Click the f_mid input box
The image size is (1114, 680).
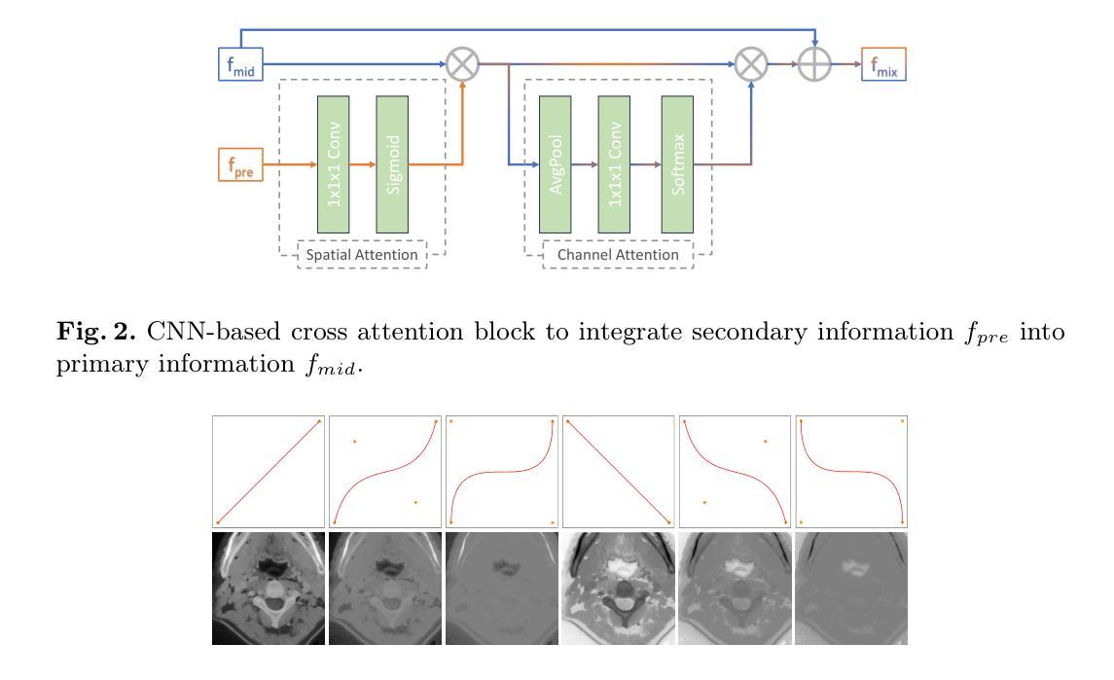pos(237,66)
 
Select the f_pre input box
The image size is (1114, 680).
pos(237,166)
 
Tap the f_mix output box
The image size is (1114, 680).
pos(883,66)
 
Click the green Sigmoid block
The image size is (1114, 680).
pos(392,163)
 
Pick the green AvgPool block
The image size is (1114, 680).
pos(556,163)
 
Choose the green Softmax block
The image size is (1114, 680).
pos(677,163)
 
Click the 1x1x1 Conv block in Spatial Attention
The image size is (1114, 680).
pos(333,163)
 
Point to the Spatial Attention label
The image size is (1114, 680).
pos(362,255)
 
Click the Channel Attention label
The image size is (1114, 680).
pos(618,255)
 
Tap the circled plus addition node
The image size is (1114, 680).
pos(815,66)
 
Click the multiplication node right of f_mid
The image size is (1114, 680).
pos(462,66)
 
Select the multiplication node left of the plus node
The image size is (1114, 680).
pos(750,66)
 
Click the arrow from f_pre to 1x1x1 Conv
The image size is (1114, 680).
pos(289,165)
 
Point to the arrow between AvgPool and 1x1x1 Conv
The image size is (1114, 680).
pos(585,165)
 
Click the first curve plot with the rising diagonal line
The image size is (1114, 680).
pos(269,472)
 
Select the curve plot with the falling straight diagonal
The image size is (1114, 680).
pos(618,472)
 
